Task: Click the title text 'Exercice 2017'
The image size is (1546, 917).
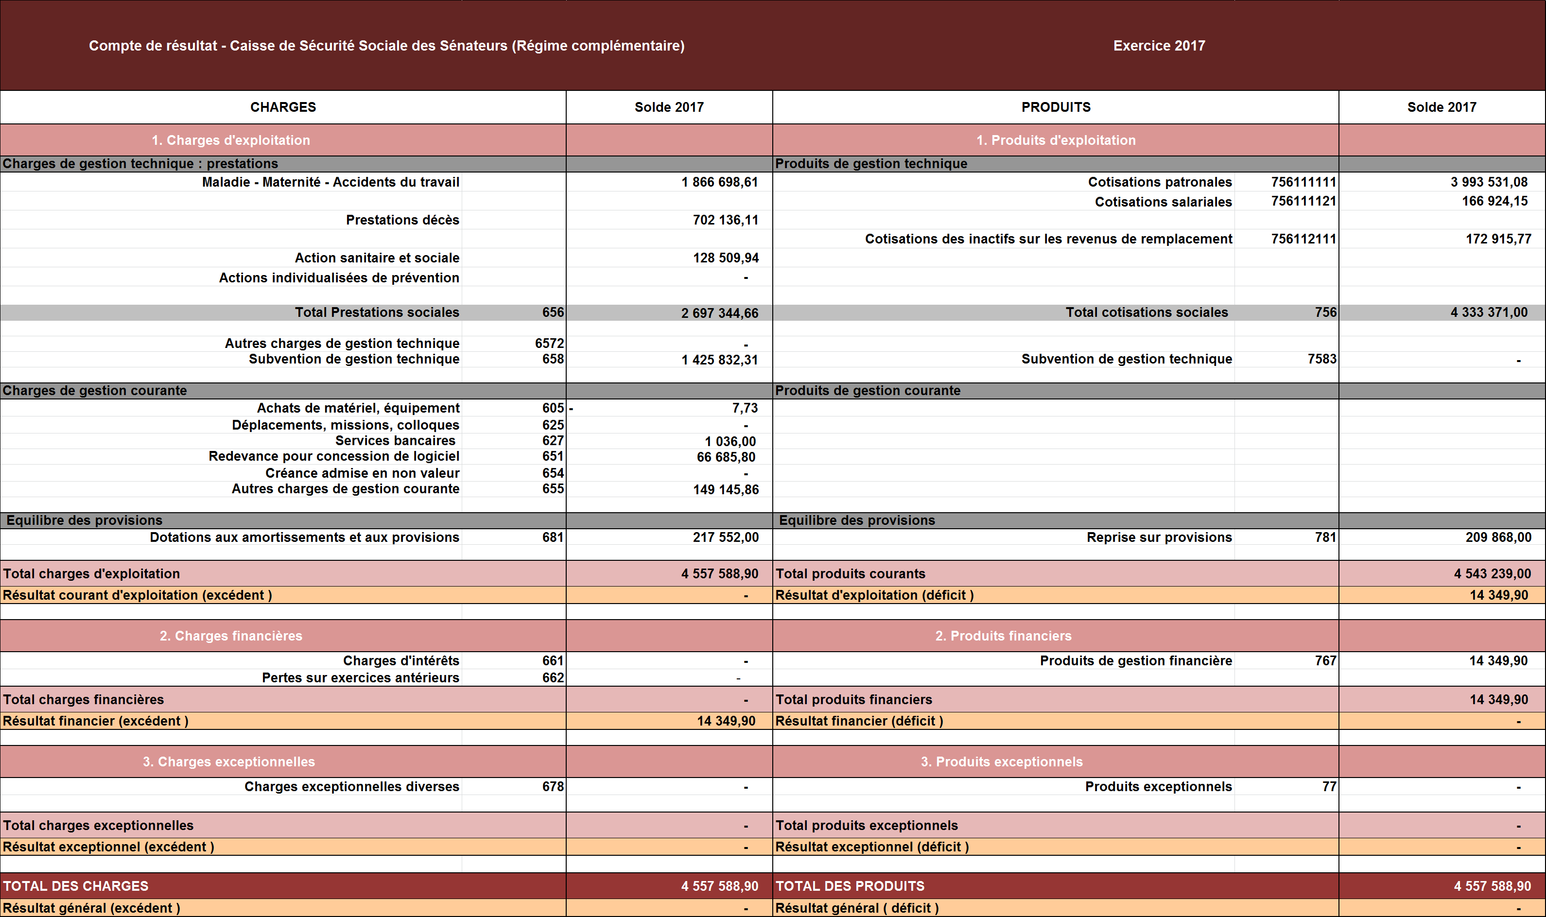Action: [x=1159, y=46]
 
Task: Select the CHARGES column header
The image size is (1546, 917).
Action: [x=283, y=107]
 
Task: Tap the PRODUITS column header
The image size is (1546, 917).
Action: [x=1056, y=107]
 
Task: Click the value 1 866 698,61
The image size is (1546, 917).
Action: [x=719, y=182]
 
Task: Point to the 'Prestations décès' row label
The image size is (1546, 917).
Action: [x=402, y=220]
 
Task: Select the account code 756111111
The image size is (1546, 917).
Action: [x=1303, y=182]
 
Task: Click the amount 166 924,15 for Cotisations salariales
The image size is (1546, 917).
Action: [x=1494, y=202]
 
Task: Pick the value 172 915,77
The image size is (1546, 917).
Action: [x=1498, y=239]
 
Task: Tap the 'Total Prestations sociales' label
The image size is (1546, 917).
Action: [x=377, y=312]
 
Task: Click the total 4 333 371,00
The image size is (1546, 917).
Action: [x=1489, y=312]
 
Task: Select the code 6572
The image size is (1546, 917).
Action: [x=549, y=344]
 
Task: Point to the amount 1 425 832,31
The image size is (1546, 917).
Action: [x=719, y=360]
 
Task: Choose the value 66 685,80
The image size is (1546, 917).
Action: [x=726, y=457]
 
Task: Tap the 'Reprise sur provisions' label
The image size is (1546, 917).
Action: [x=1159, y=537]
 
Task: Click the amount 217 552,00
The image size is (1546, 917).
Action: [x=726, y=537]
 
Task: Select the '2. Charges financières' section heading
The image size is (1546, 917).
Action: [x=230, y=636]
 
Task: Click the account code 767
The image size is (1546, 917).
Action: [x=1325, y=661]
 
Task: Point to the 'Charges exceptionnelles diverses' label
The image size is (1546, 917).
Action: [x=351, y=787]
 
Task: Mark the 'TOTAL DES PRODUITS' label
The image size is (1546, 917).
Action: [x=850, y=886]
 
